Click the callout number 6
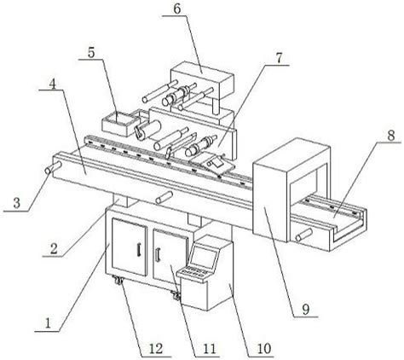(x=176, y=9)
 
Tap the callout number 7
(x=279, y=58)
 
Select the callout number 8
(x=391, y=136)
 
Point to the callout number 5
(x=91, y=53)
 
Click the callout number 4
(x=52, y=83)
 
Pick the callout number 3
(x=17, y=204)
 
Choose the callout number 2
(x=54, y=249)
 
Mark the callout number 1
(x=48, y=323)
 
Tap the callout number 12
(x=156, y=349)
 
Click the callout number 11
(x=210, y=349)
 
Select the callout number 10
(x=264, y=349)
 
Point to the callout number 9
(x=305, y=310)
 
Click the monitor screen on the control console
(x=203, y=258)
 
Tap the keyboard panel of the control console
(x=193, y=273)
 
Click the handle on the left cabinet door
(x=139, y=250)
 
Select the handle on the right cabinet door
(x=158, y=254)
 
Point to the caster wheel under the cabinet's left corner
(x=118, y=282)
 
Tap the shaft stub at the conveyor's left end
(x=53, y=167)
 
